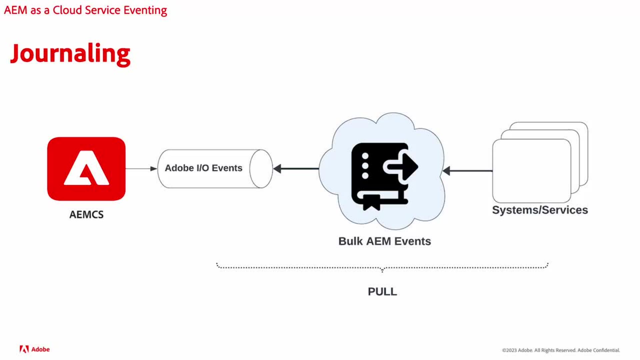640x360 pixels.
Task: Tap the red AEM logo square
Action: (86, 169)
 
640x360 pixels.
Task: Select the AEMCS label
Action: (86, 214)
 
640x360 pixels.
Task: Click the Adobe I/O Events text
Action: (203, 168)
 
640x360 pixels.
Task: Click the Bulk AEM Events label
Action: (384, 241)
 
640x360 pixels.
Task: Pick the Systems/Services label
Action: (540, 210)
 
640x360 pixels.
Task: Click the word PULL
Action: (382, 292)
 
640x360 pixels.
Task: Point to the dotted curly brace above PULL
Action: (382, 267)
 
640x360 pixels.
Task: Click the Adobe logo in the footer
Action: (35, 349)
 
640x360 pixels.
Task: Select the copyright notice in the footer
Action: (561, 350)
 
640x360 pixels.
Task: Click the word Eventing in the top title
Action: (145, 10)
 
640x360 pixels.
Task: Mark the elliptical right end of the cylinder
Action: (261, 169)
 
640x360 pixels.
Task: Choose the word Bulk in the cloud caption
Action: (350, 241)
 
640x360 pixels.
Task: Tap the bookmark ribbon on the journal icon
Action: (371, 202)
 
